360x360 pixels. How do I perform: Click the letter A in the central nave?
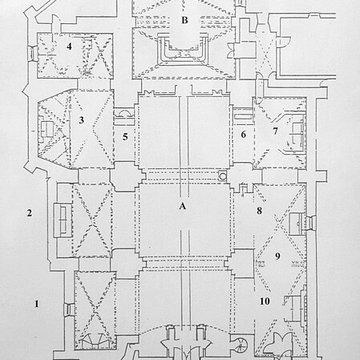181,207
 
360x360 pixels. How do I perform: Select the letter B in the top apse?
184,18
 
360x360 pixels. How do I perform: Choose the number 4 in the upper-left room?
69,45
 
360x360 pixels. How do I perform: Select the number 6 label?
243,135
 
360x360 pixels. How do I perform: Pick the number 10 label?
265,300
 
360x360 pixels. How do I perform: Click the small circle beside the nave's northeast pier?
222,176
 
